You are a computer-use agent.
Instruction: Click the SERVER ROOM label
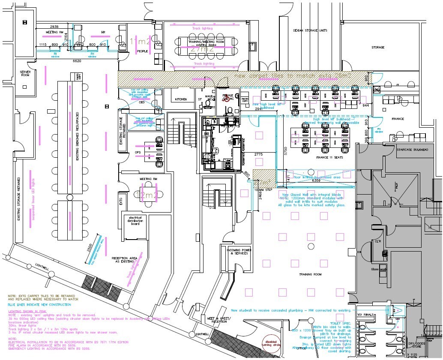click(x=22, y=73)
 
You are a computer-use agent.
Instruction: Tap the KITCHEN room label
click(x=181, y=99)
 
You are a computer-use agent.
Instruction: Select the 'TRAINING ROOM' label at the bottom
click(x=311, y=274)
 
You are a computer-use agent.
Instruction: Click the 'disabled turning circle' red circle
click(x=271, y=345)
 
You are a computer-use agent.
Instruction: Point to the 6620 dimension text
click(x=77, y=61)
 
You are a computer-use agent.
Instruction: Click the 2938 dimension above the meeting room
click(x=54, y=27)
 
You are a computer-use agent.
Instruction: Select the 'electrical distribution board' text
click(x=135, y=220)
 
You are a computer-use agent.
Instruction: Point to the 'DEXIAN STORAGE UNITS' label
click(x=310, y=30)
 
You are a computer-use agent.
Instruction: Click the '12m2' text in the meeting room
click(x=147, y=195)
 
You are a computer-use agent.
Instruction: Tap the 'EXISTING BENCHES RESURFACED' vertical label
click(x=77, y=136)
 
